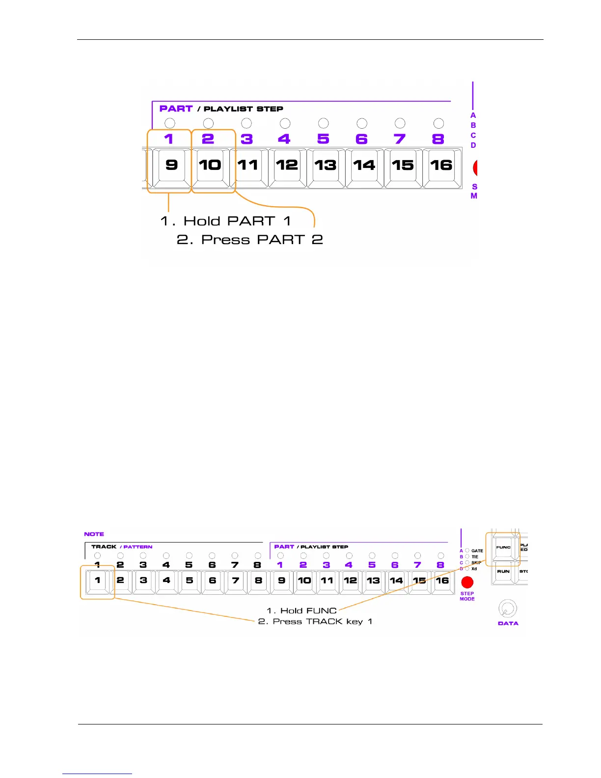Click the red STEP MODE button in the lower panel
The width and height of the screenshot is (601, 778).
[467, 583]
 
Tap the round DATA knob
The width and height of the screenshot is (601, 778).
[507, 609]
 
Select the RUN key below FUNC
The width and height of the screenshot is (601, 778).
[503, 572]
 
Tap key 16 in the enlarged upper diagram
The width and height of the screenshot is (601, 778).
[441, 165]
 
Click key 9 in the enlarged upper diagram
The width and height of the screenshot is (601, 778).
[171, 165]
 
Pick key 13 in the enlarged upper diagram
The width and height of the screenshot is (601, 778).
[325, 165]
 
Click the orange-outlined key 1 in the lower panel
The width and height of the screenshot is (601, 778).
[97, 581]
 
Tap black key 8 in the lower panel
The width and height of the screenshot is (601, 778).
[258, 581]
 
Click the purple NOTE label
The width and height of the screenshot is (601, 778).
[94, 534]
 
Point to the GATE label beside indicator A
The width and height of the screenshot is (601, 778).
[477, 551]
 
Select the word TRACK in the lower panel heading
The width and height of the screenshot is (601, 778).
[104, 547]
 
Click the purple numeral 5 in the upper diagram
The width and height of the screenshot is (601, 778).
[323, 139]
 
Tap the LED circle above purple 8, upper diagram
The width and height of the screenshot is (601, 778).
[438, 123]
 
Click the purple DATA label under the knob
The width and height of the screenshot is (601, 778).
[508, 623]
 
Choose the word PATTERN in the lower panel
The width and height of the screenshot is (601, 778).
[138, 547]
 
